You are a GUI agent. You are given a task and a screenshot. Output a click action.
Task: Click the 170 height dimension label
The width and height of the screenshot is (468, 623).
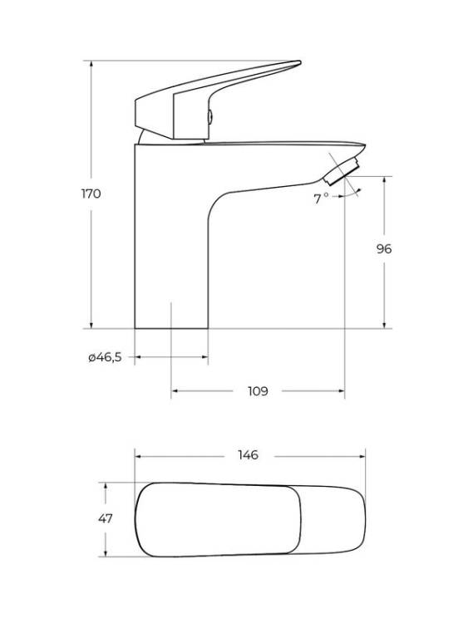coord(91,194)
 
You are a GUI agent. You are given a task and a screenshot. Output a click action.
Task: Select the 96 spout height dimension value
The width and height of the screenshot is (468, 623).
coord(384,249)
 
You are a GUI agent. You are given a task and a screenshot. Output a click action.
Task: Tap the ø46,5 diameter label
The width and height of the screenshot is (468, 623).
coord(105,357)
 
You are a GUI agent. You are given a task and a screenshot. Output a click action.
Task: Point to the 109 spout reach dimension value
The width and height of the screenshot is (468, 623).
coord(258,391)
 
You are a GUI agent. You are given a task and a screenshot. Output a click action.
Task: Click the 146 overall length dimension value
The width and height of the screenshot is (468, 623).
coord(248,454)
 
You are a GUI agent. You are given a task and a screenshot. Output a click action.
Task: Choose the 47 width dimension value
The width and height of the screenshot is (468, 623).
coord(106,518)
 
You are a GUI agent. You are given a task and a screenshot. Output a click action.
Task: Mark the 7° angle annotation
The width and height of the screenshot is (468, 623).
coord(321,199)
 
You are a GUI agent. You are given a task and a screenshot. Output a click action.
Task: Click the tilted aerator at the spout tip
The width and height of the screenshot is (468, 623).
coord(342,171)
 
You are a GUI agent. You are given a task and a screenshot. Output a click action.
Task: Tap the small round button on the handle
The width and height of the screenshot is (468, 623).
coord(210,117)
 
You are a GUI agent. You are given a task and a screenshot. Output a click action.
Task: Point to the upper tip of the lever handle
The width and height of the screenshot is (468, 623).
coord(300,62)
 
